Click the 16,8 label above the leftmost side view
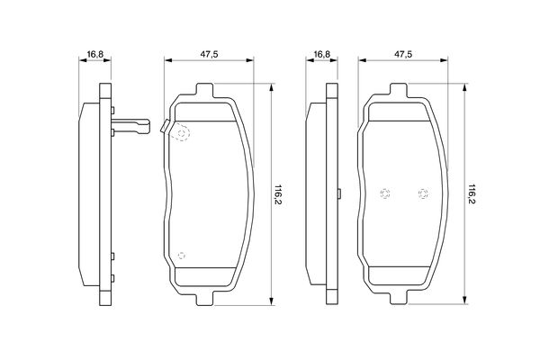95,54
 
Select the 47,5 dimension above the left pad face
209,54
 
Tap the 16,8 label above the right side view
322,54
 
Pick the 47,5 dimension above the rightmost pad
403,54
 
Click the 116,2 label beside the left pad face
277,194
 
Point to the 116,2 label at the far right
472,194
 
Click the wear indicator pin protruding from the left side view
130,126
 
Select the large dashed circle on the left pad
182,133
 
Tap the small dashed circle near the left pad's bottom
182,256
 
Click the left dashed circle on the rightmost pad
384,193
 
